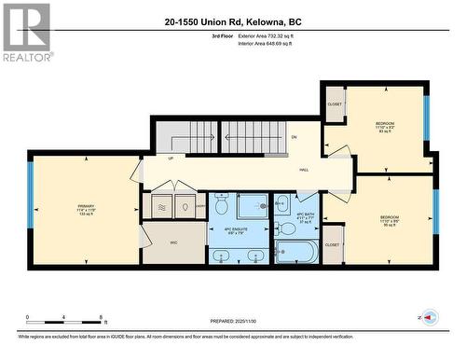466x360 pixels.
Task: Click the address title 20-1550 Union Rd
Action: coord(233,21)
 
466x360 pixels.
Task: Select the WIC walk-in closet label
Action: coord(173,242)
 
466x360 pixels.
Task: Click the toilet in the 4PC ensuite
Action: coord(221,203)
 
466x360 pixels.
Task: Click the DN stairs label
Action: coord(294,137)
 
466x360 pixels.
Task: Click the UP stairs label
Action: coord(170,158)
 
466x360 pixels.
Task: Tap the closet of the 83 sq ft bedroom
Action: coord(334,104)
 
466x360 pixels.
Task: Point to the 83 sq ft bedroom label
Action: coord(384,128)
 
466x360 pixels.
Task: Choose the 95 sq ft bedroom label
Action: coord(390,220)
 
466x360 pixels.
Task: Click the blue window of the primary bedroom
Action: coord(31,210)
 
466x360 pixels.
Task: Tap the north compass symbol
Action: coord(429,319)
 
